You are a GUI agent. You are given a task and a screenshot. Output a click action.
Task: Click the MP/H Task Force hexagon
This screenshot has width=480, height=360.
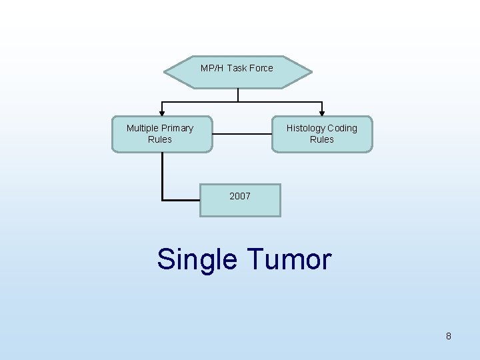coord(238,72)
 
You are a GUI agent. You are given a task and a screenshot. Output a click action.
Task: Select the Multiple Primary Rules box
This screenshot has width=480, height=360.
coord(161,134)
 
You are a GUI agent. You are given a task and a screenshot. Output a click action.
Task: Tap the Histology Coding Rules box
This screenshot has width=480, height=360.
coord(322,134)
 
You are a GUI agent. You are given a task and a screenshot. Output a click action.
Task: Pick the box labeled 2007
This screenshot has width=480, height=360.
coord(240,200)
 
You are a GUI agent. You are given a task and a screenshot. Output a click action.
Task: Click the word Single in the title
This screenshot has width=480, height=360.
coord(197,259)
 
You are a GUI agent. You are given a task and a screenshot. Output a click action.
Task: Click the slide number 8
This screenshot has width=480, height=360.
coord(449,336)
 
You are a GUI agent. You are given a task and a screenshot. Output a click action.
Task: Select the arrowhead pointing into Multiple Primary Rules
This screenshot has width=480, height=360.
coord(161,113)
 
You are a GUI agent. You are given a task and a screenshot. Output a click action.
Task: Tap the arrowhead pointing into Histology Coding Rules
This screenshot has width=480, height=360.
coord(323,113)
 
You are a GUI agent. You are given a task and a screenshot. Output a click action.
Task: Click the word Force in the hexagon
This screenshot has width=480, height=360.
coord(261,68)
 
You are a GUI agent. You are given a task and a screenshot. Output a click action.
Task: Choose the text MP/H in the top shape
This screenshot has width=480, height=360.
coord(212,68)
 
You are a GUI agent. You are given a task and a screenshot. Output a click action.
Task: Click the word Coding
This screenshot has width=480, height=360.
coord(343,128)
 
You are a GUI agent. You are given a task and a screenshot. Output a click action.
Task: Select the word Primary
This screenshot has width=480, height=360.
coord(177,128)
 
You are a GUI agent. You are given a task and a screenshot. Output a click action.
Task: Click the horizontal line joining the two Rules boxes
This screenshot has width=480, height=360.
coord(242,134)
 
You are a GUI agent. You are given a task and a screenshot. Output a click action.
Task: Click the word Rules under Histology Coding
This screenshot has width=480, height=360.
coord(322,139)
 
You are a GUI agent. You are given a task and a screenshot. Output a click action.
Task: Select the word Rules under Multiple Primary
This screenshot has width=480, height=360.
coord(160,139)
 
